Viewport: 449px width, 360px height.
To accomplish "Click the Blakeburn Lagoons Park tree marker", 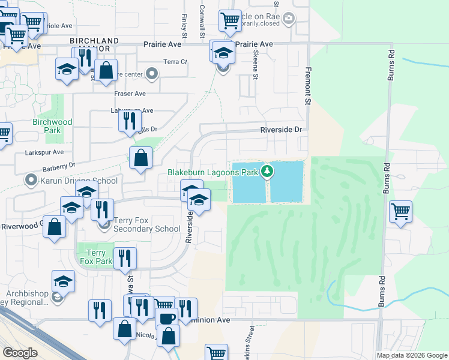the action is click(268, 172).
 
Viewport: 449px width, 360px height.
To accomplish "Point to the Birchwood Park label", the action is click(53, 126).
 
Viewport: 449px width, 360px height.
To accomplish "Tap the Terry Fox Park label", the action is click(96, 257).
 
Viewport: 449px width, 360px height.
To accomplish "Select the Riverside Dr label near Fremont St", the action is click(280, 130).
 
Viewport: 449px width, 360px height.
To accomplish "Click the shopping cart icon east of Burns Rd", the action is click(400, 212).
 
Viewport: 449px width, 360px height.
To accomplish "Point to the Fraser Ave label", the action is click(130, 94).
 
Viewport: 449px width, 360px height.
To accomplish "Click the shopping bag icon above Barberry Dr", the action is click(140, 159).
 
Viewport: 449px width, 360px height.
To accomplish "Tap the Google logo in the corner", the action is click(20, 353).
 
